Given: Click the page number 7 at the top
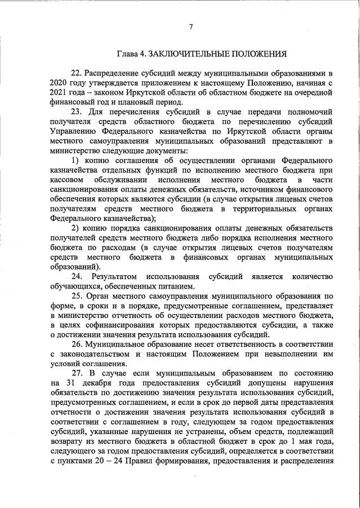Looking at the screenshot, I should tap(191, 26).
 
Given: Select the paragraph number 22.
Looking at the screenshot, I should tap(77, 73).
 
